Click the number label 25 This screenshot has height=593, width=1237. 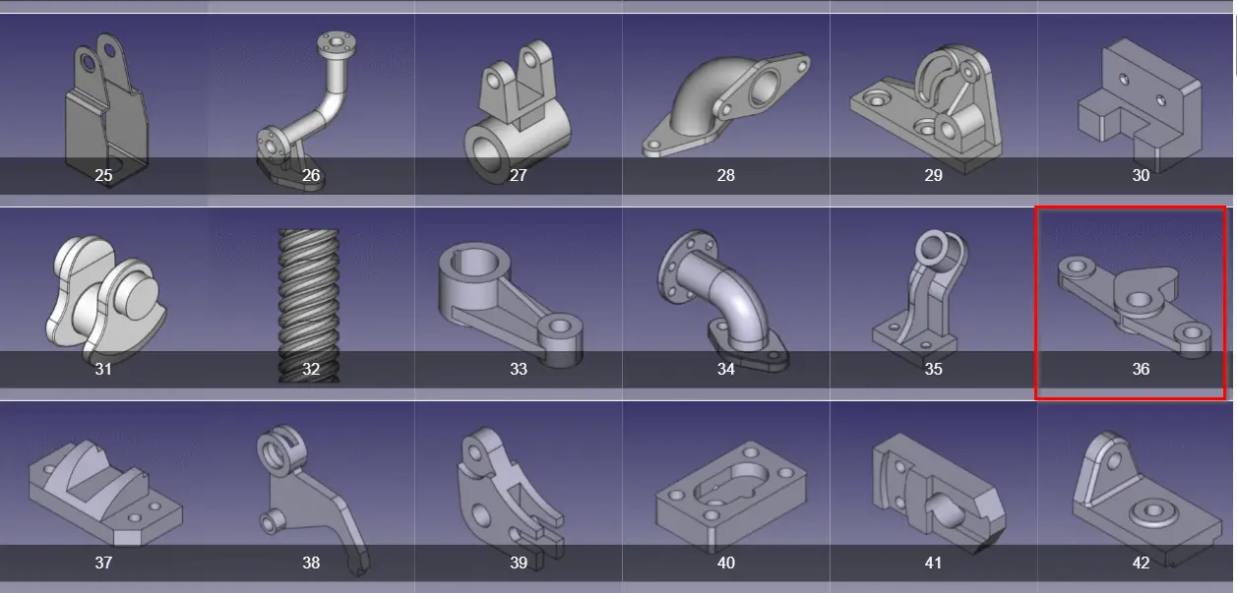[x=103, y=175]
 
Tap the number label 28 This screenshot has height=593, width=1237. [x=725, y=175]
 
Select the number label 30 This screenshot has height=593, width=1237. [x=1141, y=175]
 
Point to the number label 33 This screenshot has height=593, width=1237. [x=518, y=369]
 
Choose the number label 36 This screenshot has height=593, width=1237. [x=1141, y=369]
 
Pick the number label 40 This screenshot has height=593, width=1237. [x=725, y=563]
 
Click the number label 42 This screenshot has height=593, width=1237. [x=1141, y=563]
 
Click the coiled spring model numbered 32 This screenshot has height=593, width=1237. [x=309, y=306]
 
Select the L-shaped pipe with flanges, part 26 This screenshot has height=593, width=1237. [x=305, y=110]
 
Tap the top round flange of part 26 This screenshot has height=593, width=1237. [x=337, y=43]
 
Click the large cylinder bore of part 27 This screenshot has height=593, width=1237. [x=485, y=153]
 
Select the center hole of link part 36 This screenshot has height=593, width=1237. [x=1139, y=301]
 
